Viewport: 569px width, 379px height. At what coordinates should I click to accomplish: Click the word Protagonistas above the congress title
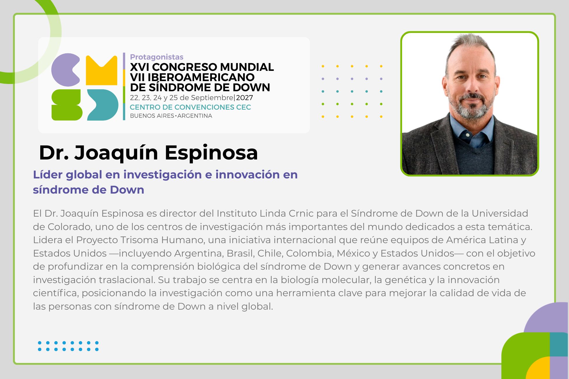(x=157, y=57)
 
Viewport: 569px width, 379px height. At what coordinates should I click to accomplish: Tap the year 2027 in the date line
(x=245, y=98)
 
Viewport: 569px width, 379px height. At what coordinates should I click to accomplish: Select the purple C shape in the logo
(x=66, y=70)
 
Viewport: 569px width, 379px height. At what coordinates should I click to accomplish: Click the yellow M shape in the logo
(x=102, y=70)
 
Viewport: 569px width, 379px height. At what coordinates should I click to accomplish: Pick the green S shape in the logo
(x=67, y=105)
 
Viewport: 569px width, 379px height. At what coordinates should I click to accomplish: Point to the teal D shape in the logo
(x=103, y=105)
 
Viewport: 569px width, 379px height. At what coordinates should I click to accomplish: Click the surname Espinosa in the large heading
(x=211, y=152)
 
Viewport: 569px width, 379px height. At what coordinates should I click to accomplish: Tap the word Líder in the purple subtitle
(x=48, y=174)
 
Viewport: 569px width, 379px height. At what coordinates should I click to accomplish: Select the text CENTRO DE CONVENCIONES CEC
(x=190, y=107)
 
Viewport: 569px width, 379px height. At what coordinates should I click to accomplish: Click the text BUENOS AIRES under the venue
(x=152, y=116)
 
